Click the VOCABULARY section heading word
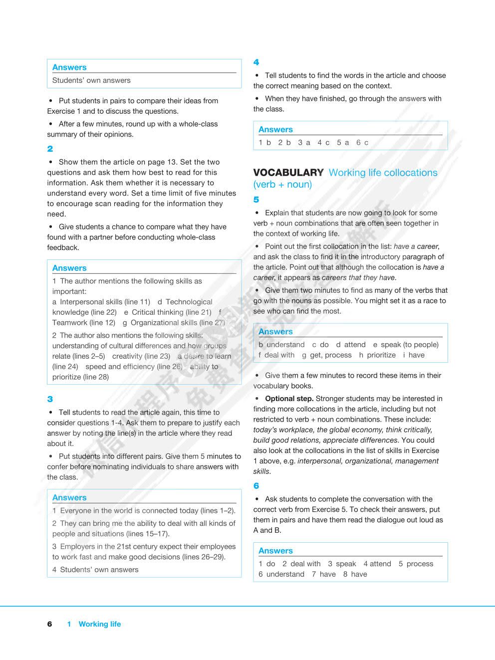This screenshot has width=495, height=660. click(x=288, y=173)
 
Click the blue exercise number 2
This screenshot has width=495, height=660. click(x=50, y=149)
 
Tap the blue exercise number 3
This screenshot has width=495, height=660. click(x=50, y=399)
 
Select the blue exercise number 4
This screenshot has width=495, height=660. click(x=256, y=62)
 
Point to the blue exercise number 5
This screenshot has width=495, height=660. click(x=256, y=200)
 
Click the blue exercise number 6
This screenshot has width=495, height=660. click(x=256, y=486)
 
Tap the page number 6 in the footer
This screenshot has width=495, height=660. click(x=49, y=624)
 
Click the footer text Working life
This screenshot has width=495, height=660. click(x=99, y=624)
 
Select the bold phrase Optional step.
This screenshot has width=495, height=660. click(x=289, y=399)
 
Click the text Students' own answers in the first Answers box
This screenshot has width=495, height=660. click(x=91, y=80)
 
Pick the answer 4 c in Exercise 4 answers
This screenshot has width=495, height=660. click(x=323, y=143)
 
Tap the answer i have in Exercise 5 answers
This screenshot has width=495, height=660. click(x=414, y=355)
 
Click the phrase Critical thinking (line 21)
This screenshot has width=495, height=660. click(x=168, y=312)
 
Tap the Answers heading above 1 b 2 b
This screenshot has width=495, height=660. click(x=275, y=130)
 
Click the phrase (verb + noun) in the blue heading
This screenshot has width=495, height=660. click(x=282, y=185)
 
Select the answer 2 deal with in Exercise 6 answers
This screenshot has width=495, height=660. click(x=301, y=564)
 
